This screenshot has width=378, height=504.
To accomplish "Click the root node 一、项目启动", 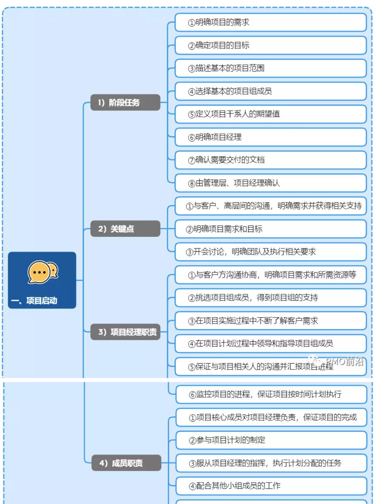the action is [x=42, y=280].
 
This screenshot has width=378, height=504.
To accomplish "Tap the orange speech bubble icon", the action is [x=43, y=272].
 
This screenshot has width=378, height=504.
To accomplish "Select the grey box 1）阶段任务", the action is [x=125, y=102].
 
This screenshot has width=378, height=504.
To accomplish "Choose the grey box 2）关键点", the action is [x=125, y=228].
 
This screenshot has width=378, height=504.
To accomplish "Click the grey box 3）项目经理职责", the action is [x=125, y=332].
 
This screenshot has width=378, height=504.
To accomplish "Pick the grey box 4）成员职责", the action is [x=126, y=462].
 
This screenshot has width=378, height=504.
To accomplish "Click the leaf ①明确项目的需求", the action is [x=271, y=22].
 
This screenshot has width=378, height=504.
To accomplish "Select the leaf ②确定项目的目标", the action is [x=271, y=45].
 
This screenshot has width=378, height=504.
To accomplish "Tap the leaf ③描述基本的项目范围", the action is [x=271, y=68].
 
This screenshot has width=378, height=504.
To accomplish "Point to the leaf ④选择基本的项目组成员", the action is [x=271, y=91].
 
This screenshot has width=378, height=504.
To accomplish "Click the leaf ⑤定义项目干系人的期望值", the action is [x=271, y=114].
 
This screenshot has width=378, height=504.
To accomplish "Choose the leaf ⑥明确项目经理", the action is [x=271, y=137].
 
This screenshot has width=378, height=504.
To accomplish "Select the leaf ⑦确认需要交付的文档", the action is [x=271, y=160].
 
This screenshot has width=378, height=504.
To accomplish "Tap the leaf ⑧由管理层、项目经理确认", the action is [x=271, y=183].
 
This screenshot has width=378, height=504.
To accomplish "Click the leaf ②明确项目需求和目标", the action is [x=271, y=229].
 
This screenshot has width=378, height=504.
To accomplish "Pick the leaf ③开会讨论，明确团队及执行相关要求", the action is [x=271, y=252].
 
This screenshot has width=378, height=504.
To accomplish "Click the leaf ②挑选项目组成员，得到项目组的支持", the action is [x=271, y=298].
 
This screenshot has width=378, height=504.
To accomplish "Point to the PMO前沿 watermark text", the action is [x=345, y=362].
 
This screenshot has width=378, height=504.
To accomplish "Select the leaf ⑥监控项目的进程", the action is [x=271, y=394].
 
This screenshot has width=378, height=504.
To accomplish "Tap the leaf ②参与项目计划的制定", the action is [x=271, y=440].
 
